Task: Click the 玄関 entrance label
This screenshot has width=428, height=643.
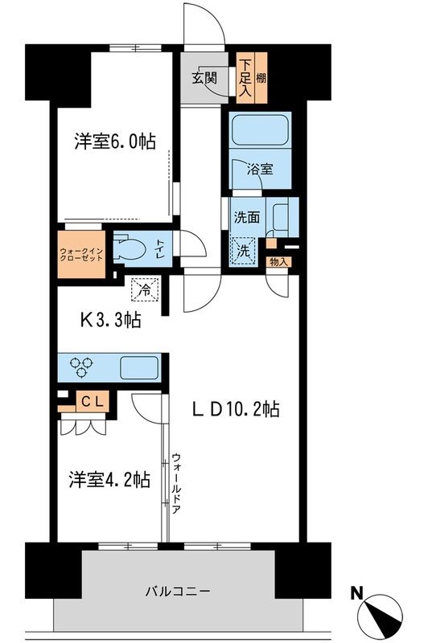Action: pos(204,78)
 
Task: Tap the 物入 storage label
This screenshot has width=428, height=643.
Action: pos(278,261)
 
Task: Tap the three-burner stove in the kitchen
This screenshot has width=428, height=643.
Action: pos(80,368)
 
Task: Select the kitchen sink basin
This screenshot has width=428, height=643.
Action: pos(138,368)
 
